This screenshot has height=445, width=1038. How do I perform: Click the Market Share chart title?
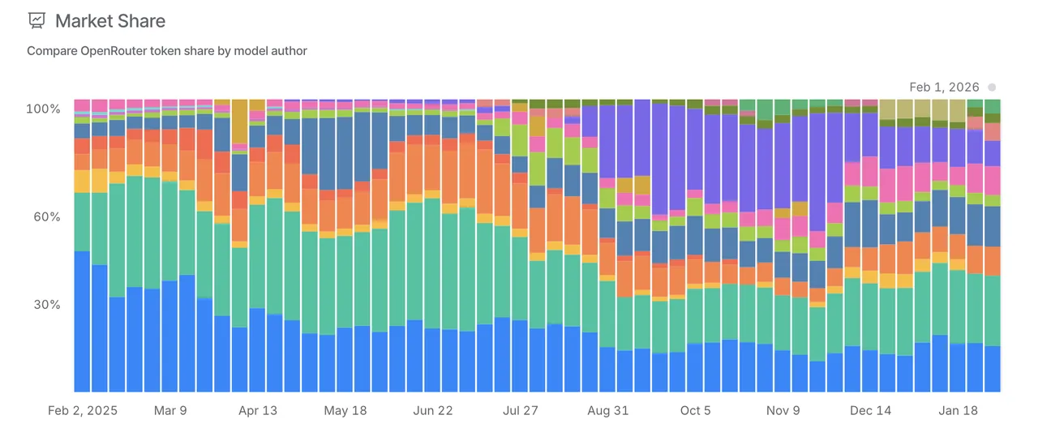coord(109,20)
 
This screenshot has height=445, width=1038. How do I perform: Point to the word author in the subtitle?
coord(288,51)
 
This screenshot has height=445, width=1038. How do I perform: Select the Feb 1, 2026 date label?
coord(944,87)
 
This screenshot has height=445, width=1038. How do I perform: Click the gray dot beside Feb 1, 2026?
coord(992,87)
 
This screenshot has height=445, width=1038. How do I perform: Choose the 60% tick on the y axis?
coord(47,216)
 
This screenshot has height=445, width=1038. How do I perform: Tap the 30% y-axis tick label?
coord(47,305)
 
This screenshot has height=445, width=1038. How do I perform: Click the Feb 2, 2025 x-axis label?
coord(83,411)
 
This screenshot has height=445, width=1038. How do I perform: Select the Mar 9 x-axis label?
coord(170,411)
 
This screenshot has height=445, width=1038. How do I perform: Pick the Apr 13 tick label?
coord(258,411)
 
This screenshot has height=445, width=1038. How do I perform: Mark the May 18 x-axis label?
coord(345,411)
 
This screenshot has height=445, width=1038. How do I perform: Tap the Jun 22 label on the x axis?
coord(433,411)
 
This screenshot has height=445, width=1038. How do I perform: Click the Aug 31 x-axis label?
coord(608,411)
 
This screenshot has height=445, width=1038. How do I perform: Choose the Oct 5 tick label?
coord(696,411)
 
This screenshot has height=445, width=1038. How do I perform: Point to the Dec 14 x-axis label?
coord(871,411)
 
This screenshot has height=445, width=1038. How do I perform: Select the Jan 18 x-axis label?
coord(959,411)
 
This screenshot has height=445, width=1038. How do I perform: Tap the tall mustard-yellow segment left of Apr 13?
coord(239,122)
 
